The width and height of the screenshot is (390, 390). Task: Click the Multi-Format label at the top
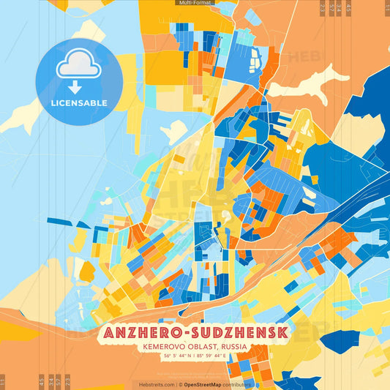point(195,4)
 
